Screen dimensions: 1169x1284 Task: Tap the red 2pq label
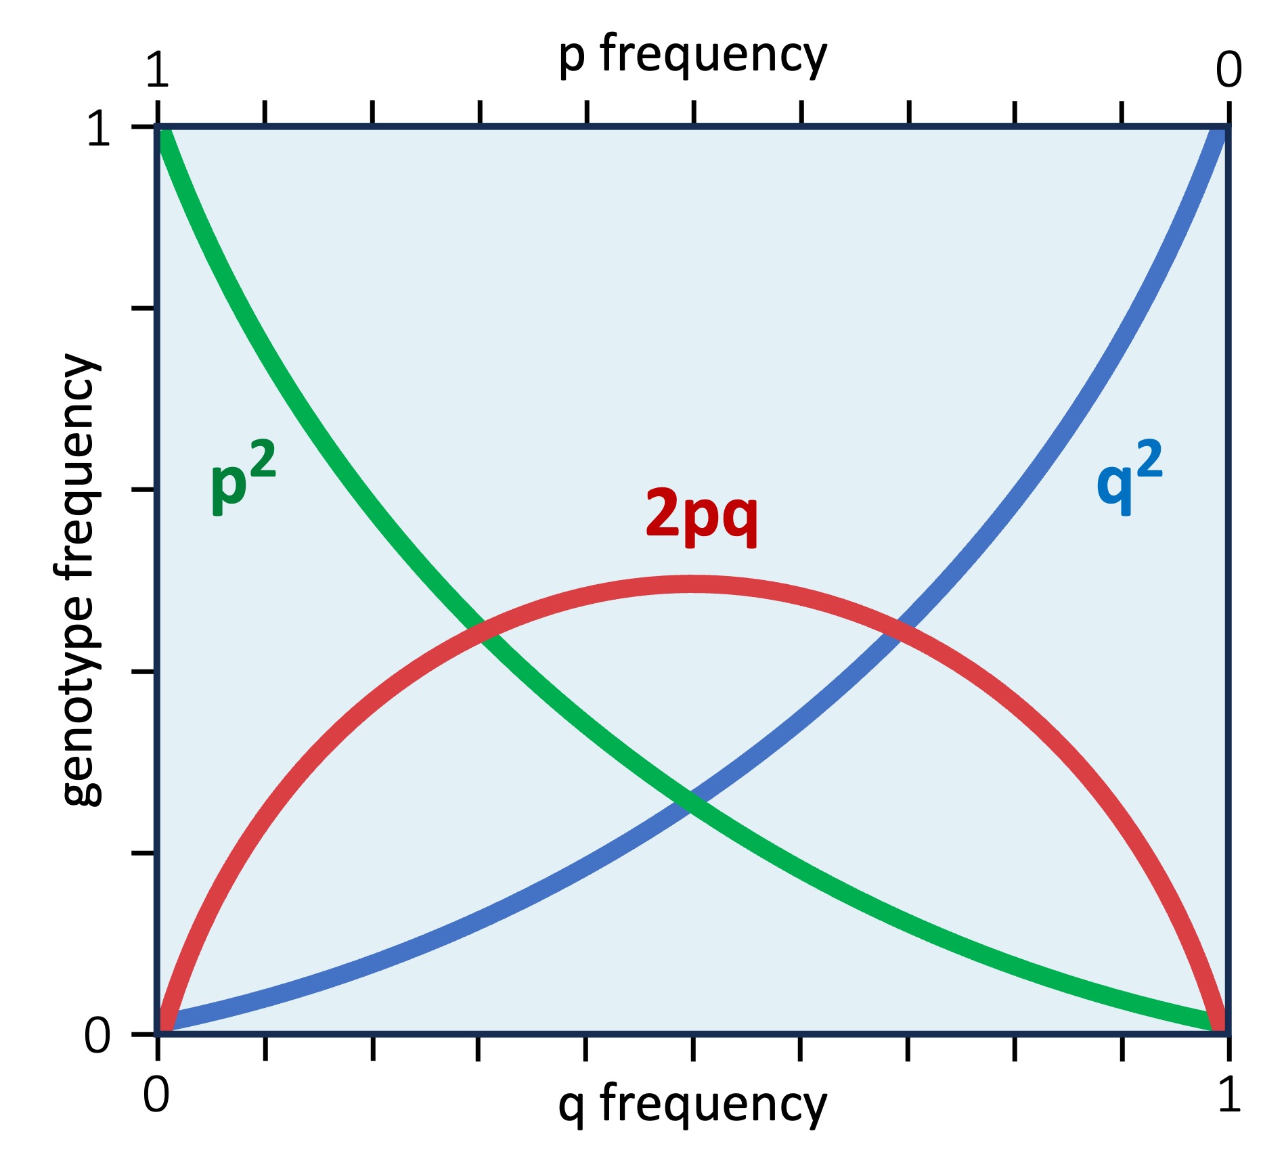tap(701, 514)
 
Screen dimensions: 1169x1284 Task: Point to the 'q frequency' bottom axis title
tap(692, 1105)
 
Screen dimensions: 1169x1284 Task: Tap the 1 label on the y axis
tap(99, 129)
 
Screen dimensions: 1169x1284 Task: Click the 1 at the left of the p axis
tap(157, 70)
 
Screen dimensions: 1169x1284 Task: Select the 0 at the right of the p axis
tap(1228, 70)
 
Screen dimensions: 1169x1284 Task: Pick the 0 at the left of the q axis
tap(156, 1095)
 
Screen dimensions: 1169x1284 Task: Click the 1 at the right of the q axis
tap(1228, 1095)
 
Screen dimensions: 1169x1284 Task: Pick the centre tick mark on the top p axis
tap(694, 112)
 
